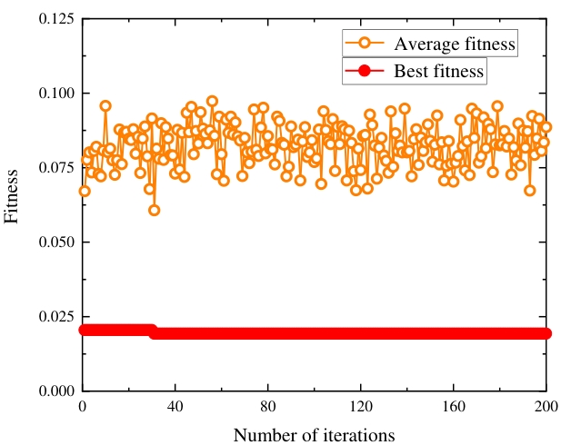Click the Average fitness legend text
[x=455, y=43]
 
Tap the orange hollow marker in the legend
[x=364, y=43]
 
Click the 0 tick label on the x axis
[x=83, y=407]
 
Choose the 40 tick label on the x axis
[x=175, y=407]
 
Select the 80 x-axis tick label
[x=268, y=407]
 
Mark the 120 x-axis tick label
[x=361, y=407]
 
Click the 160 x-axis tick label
[x=454, y=407]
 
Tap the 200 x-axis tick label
[x=546, y=407]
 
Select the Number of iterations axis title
[x=314, y=435]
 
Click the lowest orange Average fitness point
[x=155, y=210]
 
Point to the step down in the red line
[x=154, y=331]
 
